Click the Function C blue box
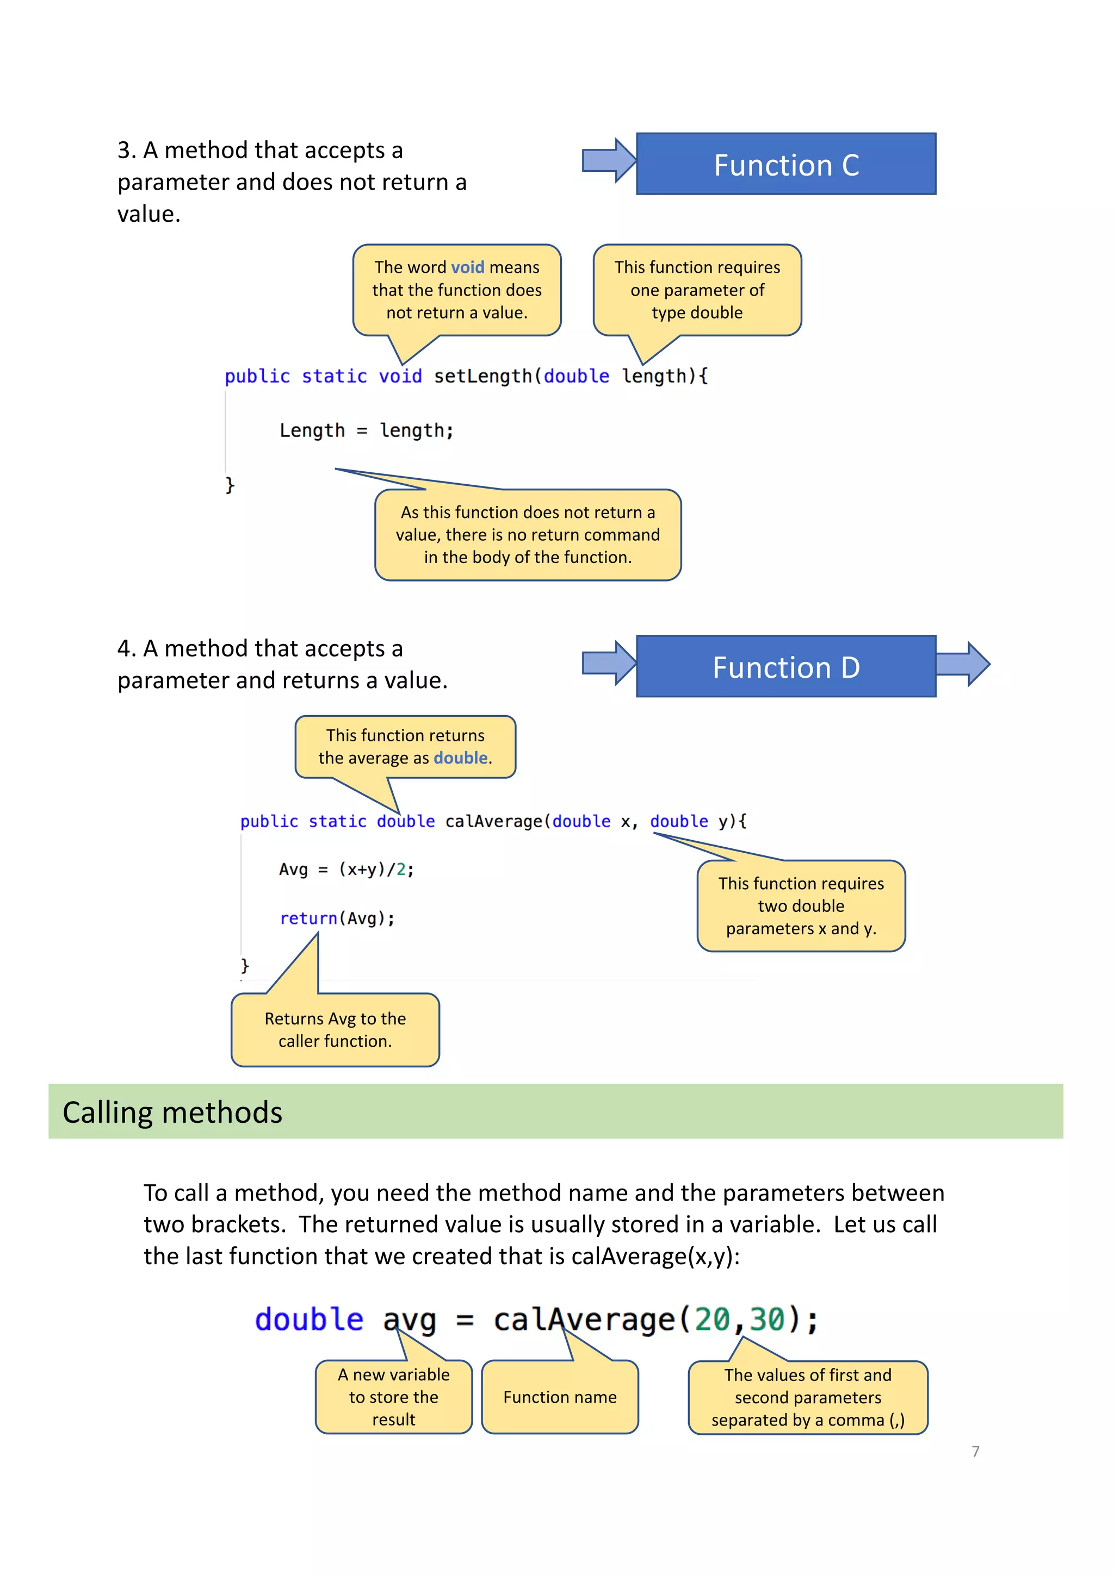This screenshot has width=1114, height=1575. (x=786, y=164)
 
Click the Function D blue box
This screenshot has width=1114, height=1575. (x=786, y=667)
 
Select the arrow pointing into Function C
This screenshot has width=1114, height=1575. (x=608, y=160)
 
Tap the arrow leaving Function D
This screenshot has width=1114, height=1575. (x=962, y=664)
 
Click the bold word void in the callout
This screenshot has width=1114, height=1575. (x=467, y=267)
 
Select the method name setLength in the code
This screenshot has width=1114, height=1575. (x=482, y=376)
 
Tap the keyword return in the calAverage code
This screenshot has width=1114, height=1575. (x=308, y=918)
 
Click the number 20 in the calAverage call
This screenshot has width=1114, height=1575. (x=712, y=1319)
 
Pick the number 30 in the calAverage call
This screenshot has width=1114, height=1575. (x=766, y=1319)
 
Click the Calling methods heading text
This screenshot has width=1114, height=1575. (x=172, y=1112)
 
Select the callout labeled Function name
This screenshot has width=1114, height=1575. (x=559, y=1397)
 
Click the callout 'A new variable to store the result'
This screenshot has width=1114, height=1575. (x=393, y=1397)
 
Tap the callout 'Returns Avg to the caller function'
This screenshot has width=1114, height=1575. (x=335, y=1030)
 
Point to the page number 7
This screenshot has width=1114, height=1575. (x=975, y=1452)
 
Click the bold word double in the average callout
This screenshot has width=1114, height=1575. (x=461, y=758)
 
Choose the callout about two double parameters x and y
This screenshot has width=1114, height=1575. (x=801, y=905)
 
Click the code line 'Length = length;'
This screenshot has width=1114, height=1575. (x=366, y=431)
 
